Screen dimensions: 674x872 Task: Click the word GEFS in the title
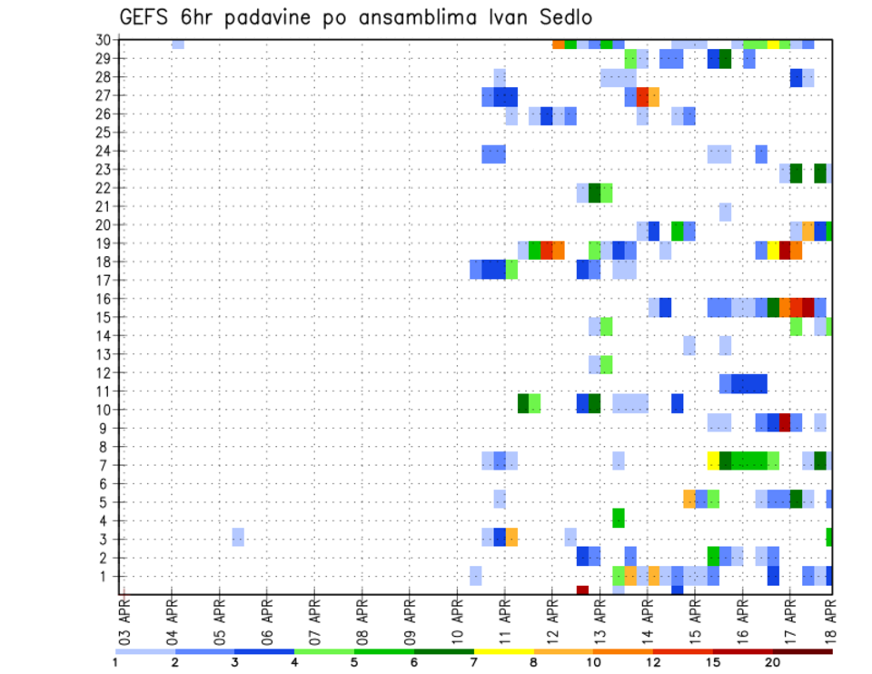point(151,17)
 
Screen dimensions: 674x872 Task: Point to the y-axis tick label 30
point(103,39)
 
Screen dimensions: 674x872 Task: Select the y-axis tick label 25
point(103,132)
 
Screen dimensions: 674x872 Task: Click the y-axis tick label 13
point(103,354)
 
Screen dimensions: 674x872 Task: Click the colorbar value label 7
point(474,661)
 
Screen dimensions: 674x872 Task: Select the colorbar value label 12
point(653,661)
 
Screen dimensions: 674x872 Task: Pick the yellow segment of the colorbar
point(503,650)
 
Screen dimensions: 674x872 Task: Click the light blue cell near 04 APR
point(178,45)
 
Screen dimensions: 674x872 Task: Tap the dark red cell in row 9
point(785,422)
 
